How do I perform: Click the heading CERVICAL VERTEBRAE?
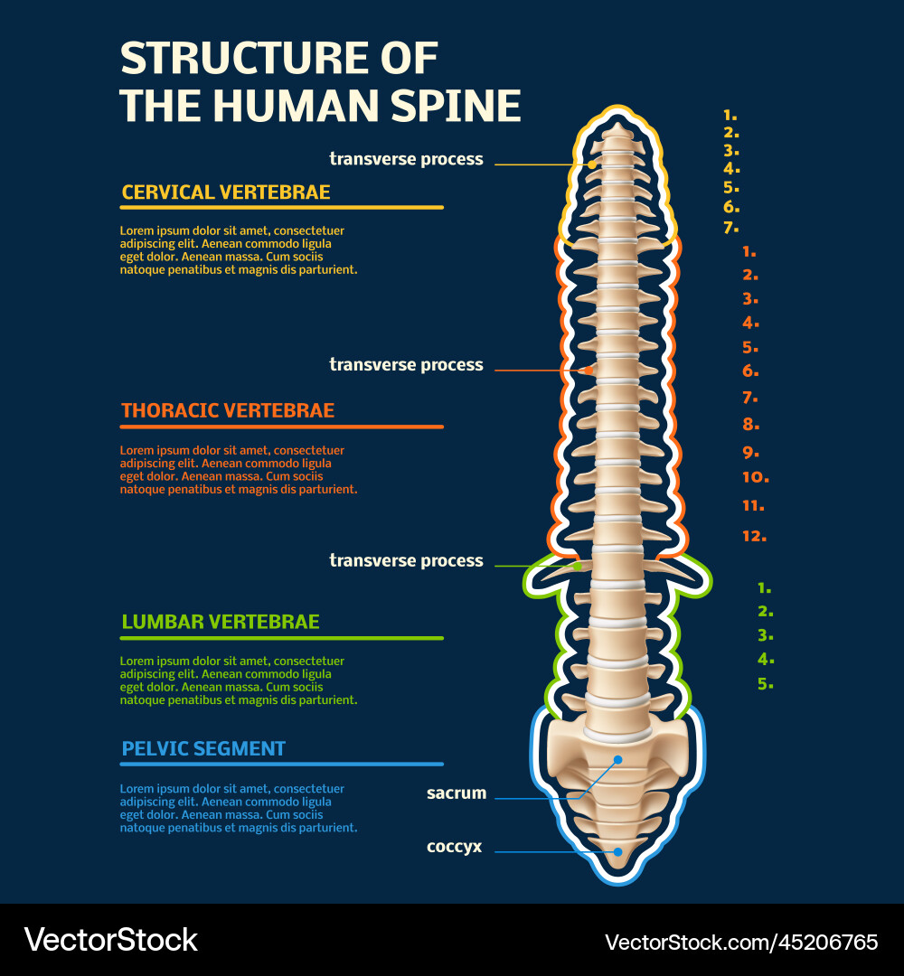(x=226, y=192)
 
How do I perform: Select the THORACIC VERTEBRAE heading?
(x=228, y=410)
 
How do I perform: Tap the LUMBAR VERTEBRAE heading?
(x=220, y=622)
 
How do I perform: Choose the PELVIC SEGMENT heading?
(x=203, y=748)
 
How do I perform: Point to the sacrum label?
(x=457, y=793)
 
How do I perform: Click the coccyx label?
(x=454, y=847)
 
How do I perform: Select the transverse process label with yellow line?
(x=406, y=159)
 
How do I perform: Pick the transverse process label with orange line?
(x=406, y=365)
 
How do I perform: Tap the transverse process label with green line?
(x=406, y=561)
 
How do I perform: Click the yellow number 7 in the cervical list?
(x=730, y=228)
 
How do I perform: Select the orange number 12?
(x=754, y=536)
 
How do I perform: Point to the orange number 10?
(x=755, y=477)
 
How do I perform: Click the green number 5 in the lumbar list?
(x=765, y=684)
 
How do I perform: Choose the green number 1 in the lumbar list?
(x=764, y=587)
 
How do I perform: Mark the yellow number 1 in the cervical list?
(x=730, y=116)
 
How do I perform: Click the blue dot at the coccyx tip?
(x=617, y=851)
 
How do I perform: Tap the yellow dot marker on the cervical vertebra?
(x=591, y=164)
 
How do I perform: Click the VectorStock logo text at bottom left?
(x=110, y=940)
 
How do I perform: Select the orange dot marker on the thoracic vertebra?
(x=589, y=370)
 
